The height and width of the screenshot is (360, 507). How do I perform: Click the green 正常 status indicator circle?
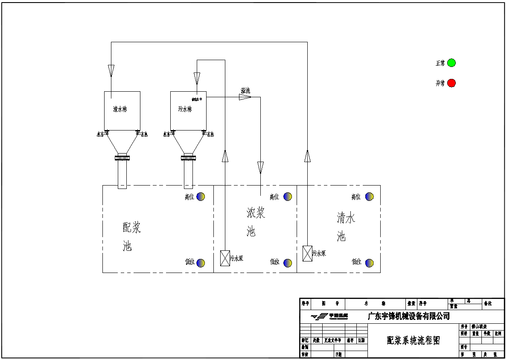(452, 63)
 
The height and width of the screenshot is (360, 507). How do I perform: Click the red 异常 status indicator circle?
(452, 83)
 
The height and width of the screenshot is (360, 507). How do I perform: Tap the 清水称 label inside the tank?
(120, 109)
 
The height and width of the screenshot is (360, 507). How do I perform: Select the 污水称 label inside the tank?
(185, 109)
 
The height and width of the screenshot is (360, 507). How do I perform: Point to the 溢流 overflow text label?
(245, 91)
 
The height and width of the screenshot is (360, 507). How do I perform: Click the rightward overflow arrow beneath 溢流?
(245, 97)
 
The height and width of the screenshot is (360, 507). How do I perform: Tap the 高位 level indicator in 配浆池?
(201, 196)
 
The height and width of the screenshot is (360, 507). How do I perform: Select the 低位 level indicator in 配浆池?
(201, 263)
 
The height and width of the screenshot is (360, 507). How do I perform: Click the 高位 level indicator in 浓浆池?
(288, 197)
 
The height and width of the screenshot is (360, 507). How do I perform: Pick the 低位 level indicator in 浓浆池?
(288, 263)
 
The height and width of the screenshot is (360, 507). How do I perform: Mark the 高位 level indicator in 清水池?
(370, 197)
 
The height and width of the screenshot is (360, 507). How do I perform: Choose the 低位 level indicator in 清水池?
(370, 263)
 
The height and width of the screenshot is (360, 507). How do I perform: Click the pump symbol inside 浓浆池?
(225, 258)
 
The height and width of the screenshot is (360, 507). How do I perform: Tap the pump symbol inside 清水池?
(307, 253)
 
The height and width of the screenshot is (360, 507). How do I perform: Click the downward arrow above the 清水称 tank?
(111, 71)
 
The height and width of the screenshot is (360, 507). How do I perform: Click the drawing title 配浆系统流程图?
(413, 340)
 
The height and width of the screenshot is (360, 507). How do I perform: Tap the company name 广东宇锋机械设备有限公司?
(408, 316)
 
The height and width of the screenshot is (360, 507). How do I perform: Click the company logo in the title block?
(329, 316)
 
